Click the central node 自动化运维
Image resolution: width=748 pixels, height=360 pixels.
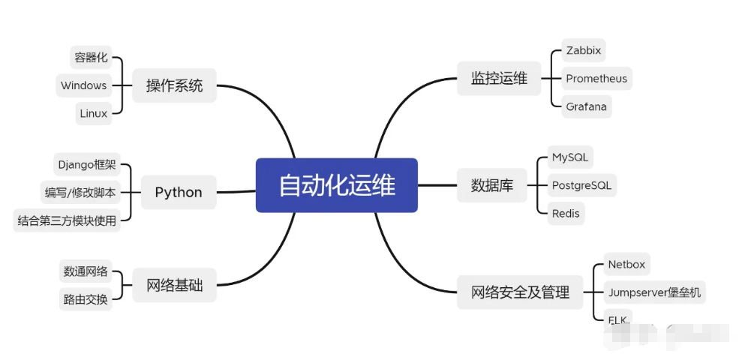(x=337, y=185)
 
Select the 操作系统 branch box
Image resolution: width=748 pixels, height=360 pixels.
(x=174, y=85)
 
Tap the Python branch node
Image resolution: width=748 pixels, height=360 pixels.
(x=179, y=193)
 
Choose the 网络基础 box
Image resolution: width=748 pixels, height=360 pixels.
(x=174, y=286)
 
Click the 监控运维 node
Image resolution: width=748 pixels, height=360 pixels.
(x=499, y=78)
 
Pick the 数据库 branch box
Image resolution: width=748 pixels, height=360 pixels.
(x=492, y=186)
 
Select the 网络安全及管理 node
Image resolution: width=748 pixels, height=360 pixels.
(x=520, y=292)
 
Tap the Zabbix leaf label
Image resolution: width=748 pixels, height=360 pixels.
(x=583, y=50)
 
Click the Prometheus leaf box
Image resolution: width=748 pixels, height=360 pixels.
(x=596, y=79)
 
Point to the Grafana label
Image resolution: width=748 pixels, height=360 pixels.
(x=586, y=106)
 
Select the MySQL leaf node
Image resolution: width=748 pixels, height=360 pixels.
(x=570, y=157)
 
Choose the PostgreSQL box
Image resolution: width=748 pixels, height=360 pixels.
(x=581, y=185)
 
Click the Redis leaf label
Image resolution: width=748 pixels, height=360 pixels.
(x=566, y=213)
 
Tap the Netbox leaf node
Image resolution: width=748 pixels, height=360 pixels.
(x=626, y=264)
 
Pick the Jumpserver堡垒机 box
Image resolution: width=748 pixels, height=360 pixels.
(x=654, y=292)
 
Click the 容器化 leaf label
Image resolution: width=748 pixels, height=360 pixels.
(x=91, y=58)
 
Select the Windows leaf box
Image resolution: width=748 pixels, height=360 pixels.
(x=83, y=85)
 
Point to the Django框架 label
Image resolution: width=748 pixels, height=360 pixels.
(x=86, y=164)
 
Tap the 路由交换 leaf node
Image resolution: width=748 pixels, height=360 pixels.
(x=86, y=299)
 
